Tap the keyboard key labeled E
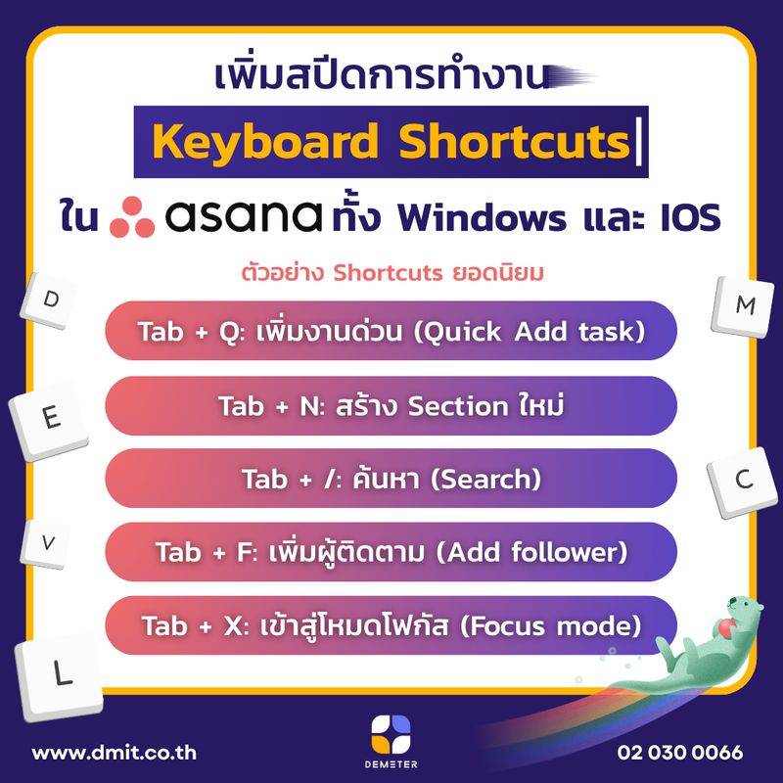click(52, 418)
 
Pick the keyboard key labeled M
click(745, 305)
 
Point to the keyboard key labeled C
click(743, 480)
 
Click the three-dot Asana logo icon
click(133, 217)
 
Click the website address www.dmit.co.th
click(115, 754)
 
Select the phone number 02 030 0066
click(680, 754)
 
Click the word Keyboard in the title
click(266, 144)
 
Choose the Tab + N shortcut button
click(391, 405)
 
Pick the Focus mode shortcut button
click(391, 623)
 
